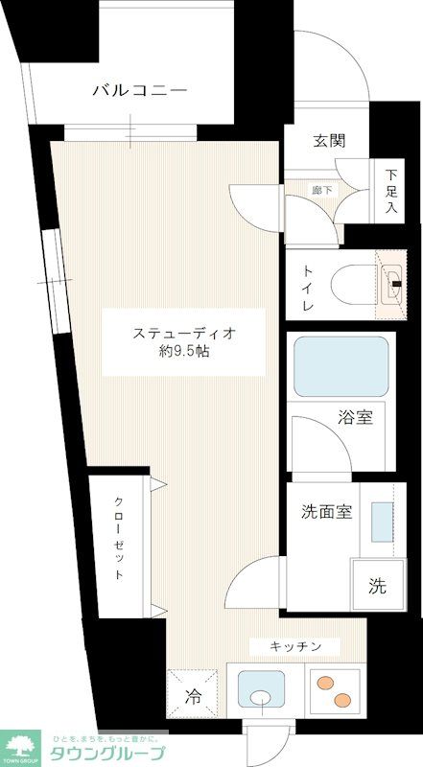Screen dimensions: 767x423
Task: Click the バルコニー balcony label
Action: (x=139, y=92)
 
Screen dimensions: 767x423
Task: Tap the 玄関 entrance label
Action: (x=327, y=141)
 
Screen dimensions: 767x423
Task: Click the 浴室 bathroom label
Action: (x=354, y=417)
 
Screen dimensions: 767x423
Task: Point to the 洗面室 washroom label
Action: (x=321, y=512)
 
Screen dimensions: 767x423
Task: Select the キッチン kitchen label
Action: (x=294, y=645)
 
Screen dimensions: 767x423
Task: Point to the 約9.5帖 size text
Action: (x=185, y=353)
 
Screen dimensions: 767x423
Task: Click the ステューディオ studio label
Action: (x=184, y=334)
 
